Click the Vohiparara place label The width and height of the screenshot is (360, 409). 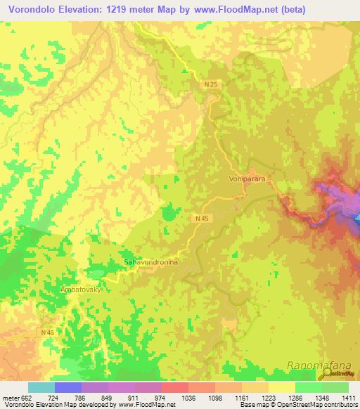coord(247,179)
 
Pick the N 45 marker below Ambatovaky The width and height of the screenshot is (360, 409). coord(48,332)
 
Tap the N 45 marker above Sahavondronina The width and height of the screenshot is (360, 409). coord(201,219)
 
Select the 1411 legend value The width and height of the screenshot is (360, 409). coord(348,398)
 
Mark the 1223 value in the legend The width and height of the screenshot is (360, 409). coord(269,398)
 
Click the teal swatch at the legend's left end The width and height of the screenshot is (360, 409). coord(41,387)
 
